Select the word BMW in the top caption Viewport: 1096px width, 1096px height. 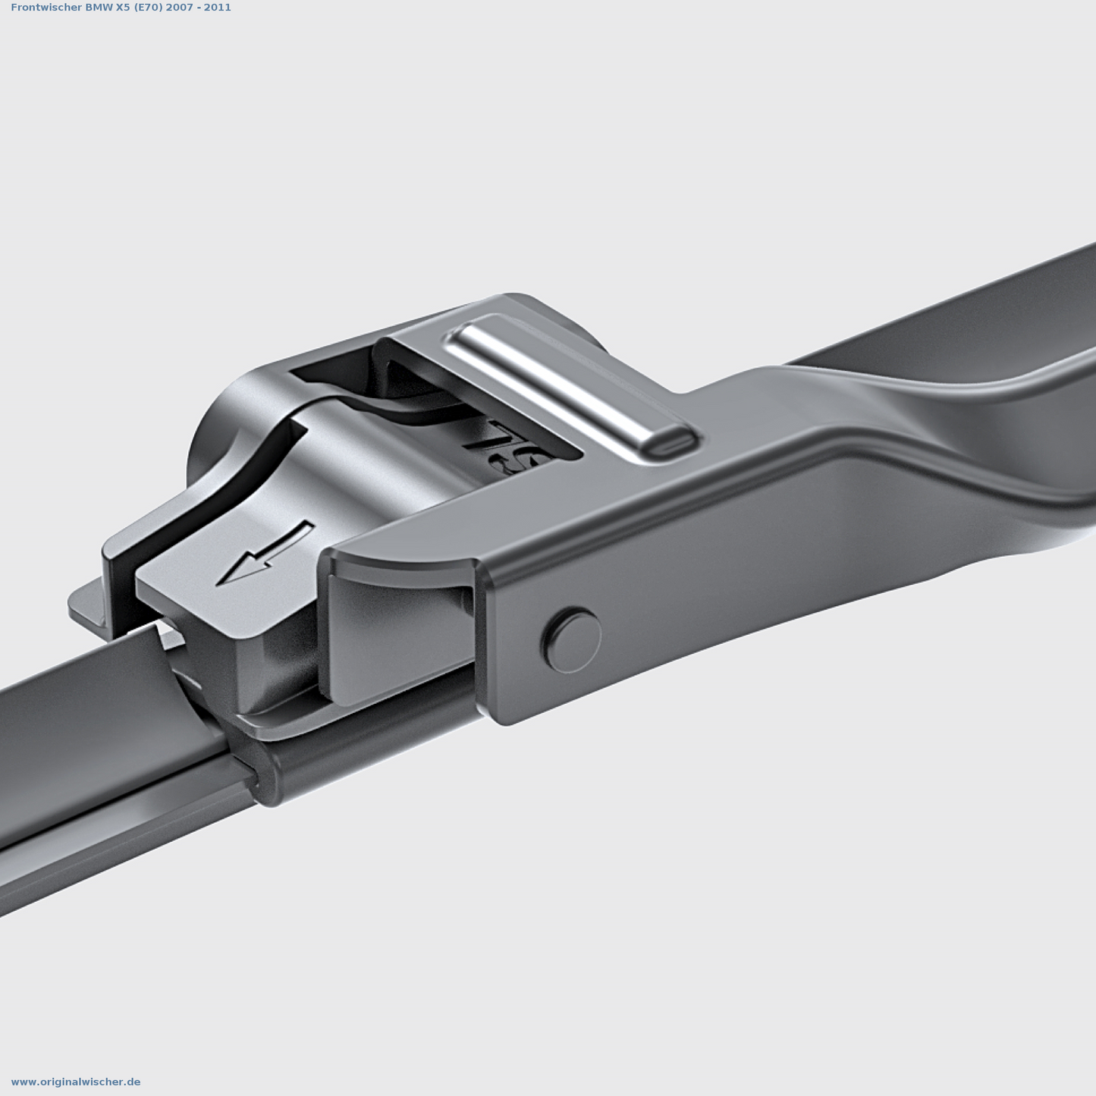(98, 8)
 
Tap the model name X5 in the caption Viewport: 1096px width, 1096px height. (122, 8)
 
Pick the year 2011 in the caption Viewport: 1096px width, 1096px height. (218, 8)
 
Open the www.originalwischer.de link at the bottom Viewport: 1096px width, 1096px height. (76, 1082)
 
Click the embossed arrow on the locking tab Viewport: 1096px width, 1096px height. (265, 554)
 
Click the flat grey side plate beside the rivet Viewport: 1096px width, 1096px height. (394, 637)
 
